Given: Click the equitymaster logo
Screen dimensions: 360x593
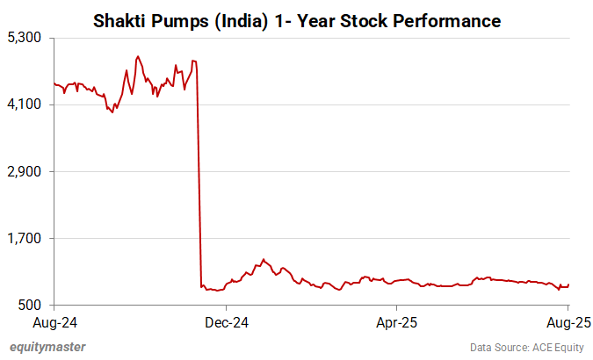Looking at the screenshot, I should (x=47, y=347).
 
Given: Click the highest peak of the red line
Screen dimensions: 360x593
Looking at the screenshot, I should (x=138, y=57).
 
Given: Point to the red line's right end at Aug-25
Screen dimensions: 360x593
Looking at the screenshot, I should (x=569, y=284).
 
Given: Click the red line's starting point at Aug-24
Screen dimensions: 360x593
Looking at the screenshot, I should (x=54, y=83).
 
